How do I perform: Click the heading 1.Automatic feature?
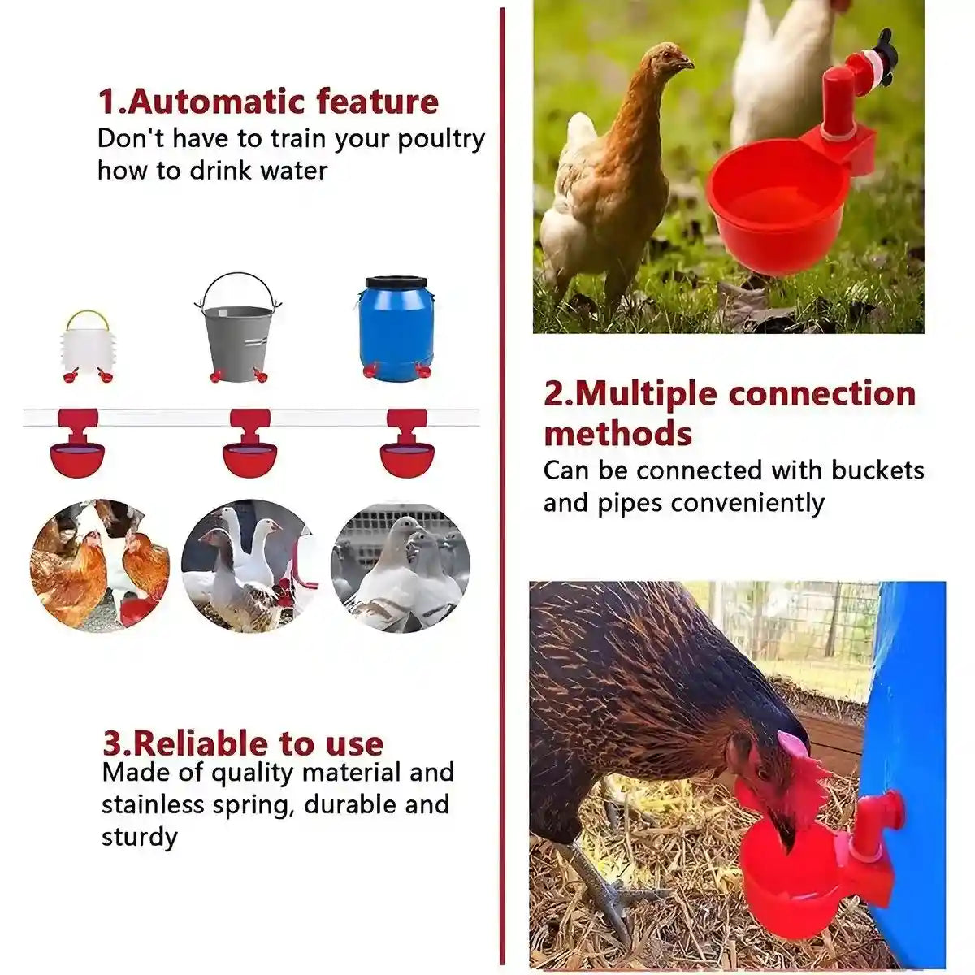(x=268, y=102)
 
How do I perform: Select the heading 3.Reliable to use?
(x=243, y=743)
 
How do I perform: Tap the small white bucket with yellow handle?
(x=87, y=341)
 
